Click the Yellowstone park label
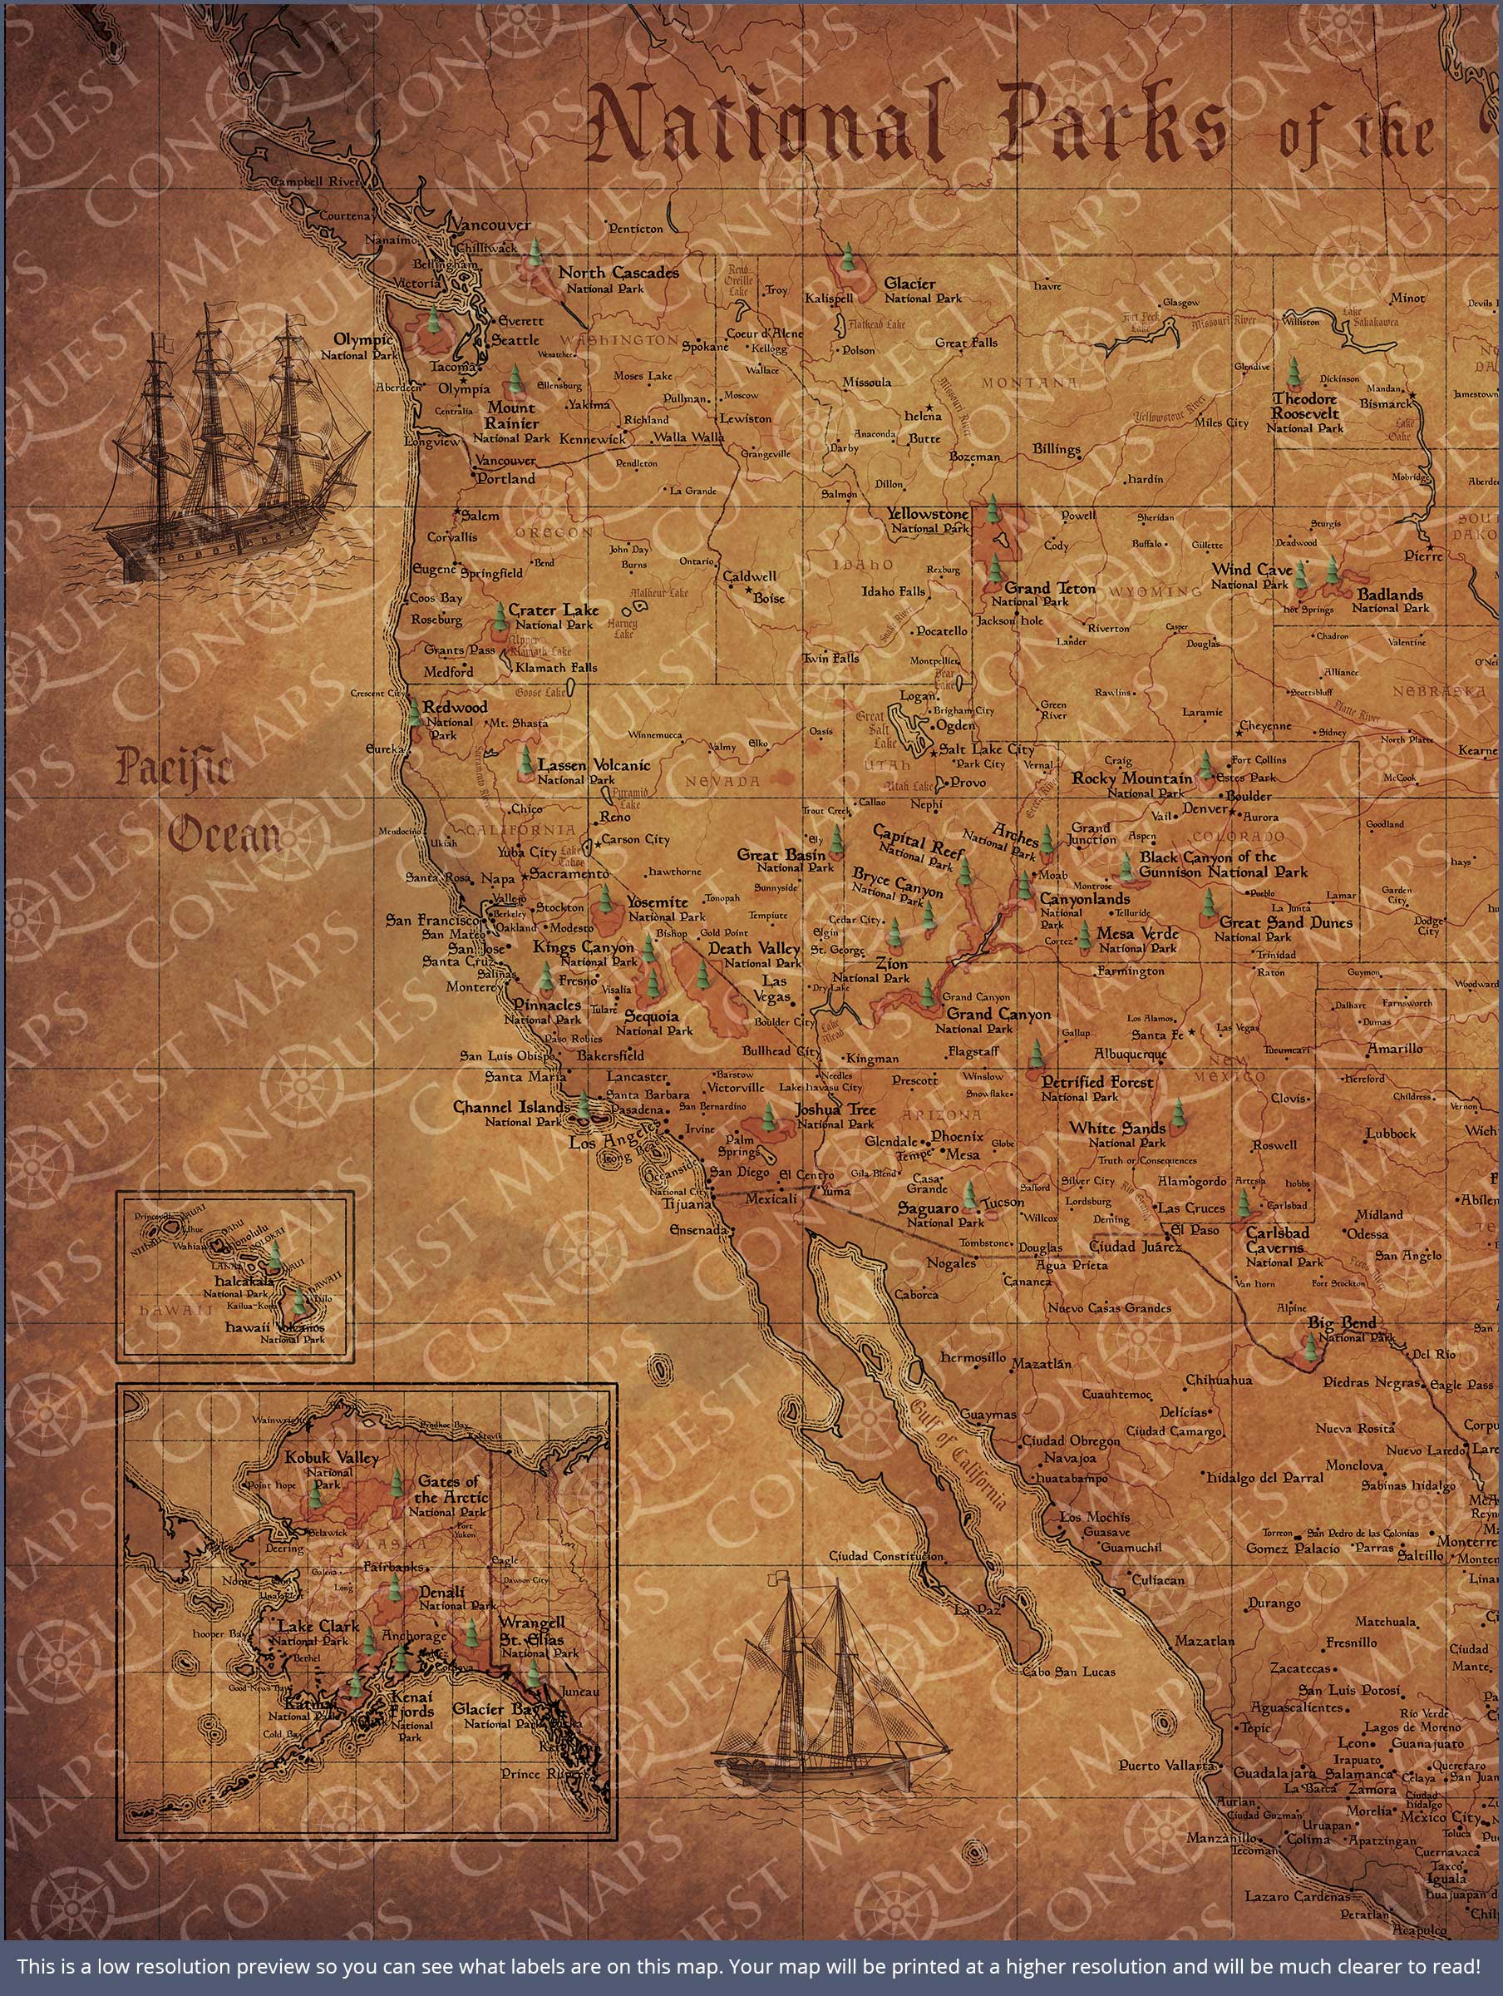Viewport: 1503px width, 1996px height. click(x=927, y=514)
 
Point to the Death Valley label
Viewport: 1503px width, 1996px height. click(x=753, y=948)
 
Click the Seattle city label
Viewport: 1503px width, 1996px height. click(x=515, y=341)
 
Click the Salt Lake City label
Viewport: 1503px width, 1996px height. click(x=987, y=750)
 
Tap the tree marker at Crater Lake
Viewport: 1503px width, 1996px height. click(x=500, y=616)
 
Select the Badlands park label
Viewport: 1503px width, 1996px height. click(x=1390, y=595)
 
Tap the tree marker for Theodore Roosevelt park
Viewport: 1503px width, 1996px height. click(x=1294, y=371)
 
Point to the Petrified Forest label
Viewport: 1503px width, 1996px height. click(x=1097, y=1082)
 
